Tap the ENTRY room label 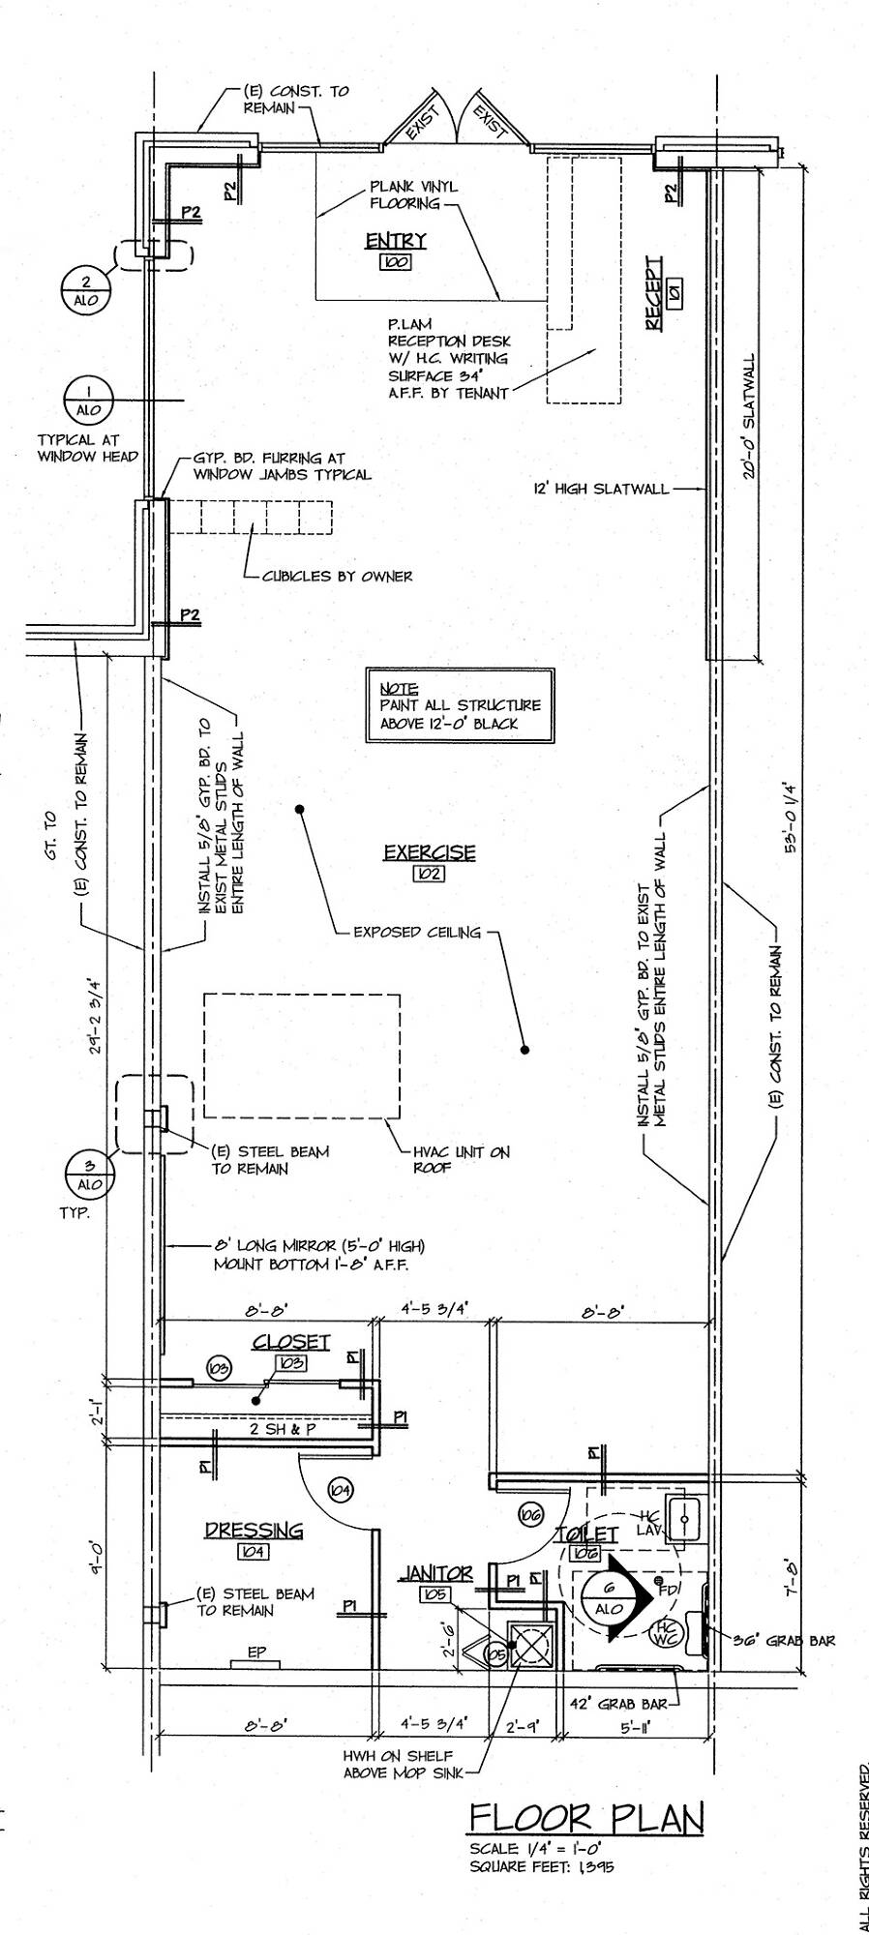coord(396,241)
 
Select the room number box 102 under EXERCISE coord(428,873)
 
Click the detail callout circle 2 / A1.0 coord(86,289)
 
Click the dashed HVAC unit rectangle coord(302,1056)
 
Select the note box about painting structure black coord(460,705)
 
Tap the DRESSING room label coord(254,1531)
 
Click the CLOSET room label coord(291,1342)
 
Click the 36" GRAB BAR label coord(786,1640)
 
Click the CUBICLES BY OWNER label coord(337,577)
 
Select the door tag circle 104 coord(340,1491)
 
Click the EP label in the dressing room coord(255,1653)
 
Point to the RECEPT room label coord(655,295)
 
